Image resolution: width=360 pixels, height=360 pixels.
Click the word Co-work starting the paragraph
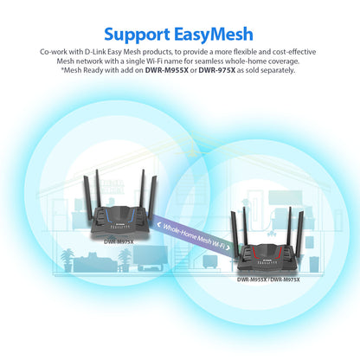56,52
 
